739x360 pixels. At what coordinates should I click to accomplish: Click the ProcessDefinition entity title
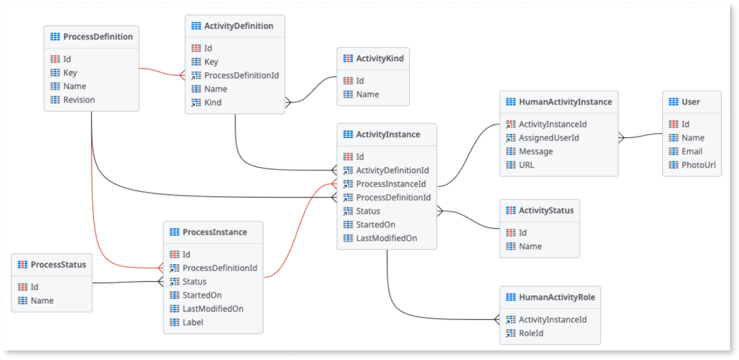98,37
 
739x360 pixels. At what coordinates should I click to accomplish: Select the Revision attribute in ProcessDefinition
79,100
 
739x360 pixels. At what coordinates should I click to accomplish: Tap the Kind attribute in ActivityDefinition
213,102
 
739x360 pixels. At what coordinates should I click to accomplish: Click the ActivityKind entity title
379,59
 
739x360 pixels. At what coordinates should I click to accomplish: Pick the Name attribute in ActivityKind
367,95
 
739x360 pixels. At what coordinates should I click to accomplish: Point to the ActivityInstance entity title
388,135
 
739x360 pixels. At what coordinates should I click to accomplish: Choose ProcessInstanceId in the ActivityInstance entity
391,184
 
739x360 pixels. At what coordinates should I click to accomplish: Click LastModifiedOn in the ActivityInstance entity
386,238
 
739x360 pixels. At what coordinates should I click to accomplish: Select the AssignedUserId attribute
549,138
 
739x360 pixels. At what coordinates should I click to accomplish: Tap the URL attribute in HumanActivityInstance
526,165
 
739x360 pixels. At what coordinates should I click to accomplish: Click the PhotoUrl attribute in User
698,165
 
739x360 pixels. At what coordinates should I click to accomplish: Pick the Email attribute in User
692,152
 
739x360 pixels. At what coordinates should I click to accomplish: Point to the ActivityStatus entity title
546,211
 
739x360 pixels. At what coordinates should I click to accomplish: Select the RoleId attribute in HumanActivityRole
531,333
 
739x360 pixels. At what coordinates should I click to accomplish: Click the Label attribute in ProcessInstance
193,322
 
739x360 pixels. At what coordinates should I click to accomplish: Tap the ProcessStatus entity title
58,265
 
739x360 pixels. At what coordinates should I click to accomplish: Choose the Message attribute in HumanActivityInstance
535,152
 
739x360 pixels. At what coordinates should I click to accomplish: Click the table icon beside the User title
673,102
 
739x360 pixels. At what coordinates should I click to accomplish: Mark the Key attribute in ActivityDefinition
211,62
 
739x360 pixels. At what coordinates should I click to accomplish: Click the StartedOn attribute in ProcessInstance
202,295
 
